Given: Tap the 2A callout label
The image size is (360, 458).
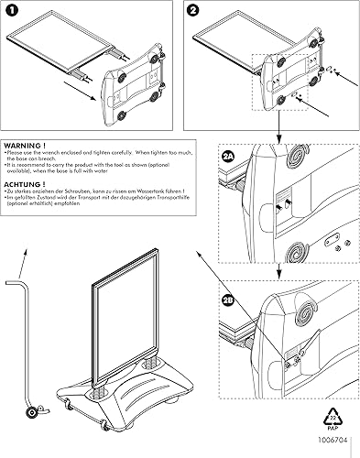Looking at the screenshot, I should click(228, 157).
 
